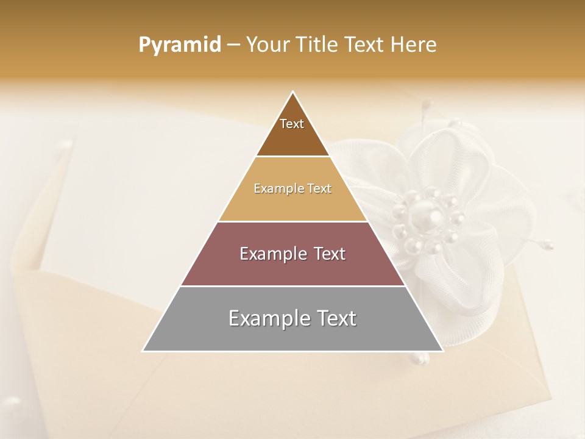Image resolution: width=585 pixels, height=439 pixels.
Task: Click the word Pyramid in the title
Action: point(179,45)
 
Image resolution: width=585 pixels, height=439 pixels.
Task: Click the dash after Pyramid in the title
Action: point(233,45)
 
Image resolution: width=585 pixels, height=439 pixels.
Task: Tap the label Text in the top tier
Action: point(292,124)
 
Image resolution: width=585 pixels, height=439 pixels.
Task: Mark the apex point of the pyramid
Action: point(293,92)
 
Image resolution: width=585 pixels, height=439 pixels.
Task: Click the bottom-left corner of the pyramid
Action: point(143,351)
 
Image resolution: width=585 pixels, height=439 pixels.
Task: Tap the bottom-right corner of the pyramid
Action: point(442,351)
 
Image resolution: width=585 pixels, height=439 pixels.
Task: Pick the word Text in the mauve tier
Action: point(330,254)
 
